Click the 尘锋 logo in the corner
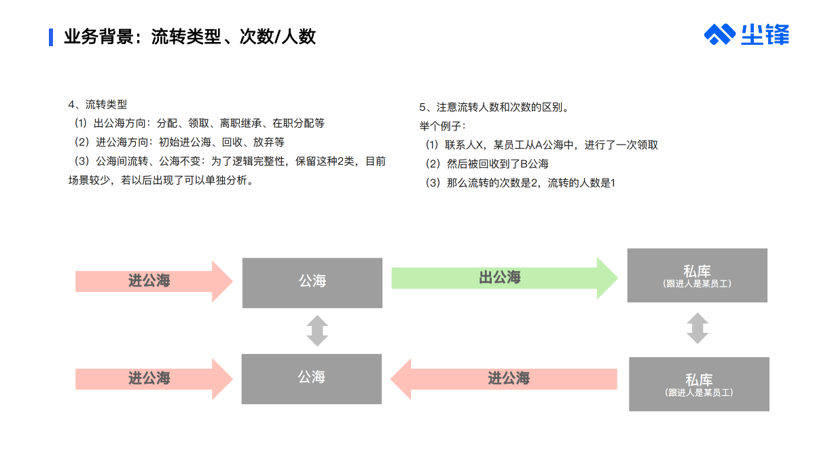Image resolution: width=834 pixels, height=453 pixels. (x=746, y=35)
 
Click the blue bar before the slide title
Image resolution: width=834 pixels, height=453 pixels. (x=51, y=37)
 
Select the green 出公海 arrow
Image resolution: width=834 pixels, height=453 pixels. (x=505, y=278)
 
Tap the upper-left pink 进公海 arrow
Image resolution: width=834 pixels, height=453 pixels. (x=154, y=281)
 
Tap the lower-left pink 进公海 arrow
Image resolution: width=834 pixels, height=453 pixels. (x=154, y=379)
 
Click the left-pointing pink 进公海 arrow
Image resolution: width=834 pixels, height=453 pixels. (x=504, y=379)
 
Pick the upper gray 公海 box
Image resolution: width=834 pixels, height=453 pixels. (x=312, y=283)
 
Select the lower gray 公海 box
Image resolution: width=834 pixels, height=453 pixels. (x=312, y=379)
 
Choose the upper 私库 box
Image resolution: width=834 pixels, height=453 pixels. (x=697, y=276)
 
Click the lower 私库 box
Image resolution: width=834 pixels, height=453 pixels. (x=700, y=384)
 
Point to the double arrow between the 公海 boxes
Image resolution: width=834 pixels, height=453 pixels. (x=317, y=331)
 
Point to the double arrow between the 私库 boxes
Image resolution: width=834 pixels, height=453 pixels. (x=697, y=328)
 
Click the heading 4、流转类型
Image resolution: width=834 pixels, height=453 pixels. (x=98, y=105)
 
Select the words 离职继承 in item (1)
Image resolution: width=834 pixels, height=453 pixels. (x=240, y=123)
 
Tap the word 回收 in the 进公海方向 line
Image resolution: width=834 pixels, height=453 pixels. (x=232, y=142)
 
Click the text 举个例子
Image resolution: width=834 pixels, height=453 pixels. (x=440, y=126)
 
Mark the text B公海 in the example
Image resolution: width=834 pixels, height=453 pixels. (x=534, y=164)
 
